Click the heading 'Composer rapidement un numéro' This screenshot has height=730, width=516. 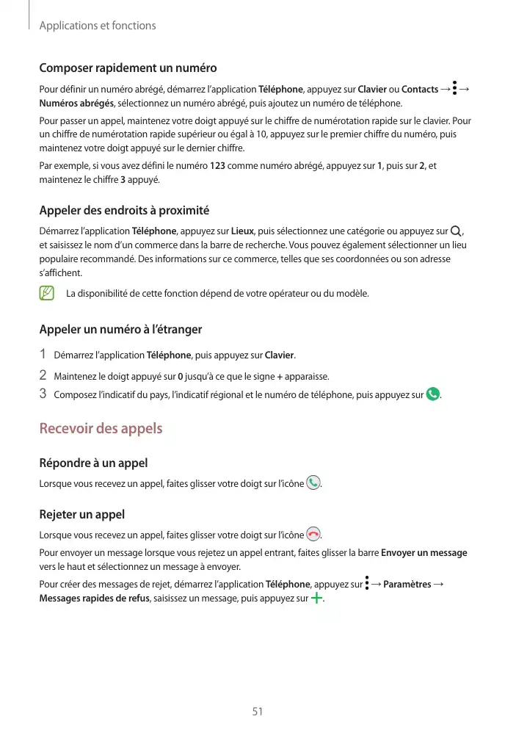[x=128, y=68]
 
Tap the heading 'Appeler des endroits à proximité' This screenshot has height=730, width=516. [x=124, y=211]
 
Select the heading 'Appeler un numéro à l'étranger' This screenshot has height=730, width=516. [x=120, y=329]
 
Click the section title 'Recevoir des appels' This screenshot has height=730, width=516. [x=101, y=428]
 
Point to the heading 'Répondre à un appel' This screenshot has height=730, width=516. [x=93, y=463]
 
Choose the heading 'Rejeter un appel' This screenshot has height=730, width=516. [x=81, y=514]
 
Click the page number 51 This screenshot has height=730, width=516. [x=258, y=711]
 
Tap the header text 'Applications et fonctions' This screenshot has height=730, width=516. [x=97, y=26]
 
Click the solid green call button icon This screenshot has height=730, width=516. [x=433, y=395]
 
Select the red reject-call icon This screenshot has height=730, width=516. [x=314, y=535]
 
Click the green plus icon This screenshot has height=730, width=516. [x=317, y=599]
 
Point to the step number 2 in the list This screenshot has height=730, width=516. [x=43, y=376]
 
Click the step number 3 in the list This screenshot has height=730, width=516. [x=43, y=394]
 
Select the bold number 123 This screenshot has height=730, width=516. [x=217, y=166]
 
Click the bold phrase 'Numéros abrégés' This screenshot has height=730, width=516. [x=76, y=104]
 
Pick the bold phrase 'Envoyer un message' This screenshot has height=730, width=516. [x=424, y=553]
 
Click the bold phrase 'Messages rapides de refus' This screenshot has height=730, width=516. [x=94, y=599]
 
